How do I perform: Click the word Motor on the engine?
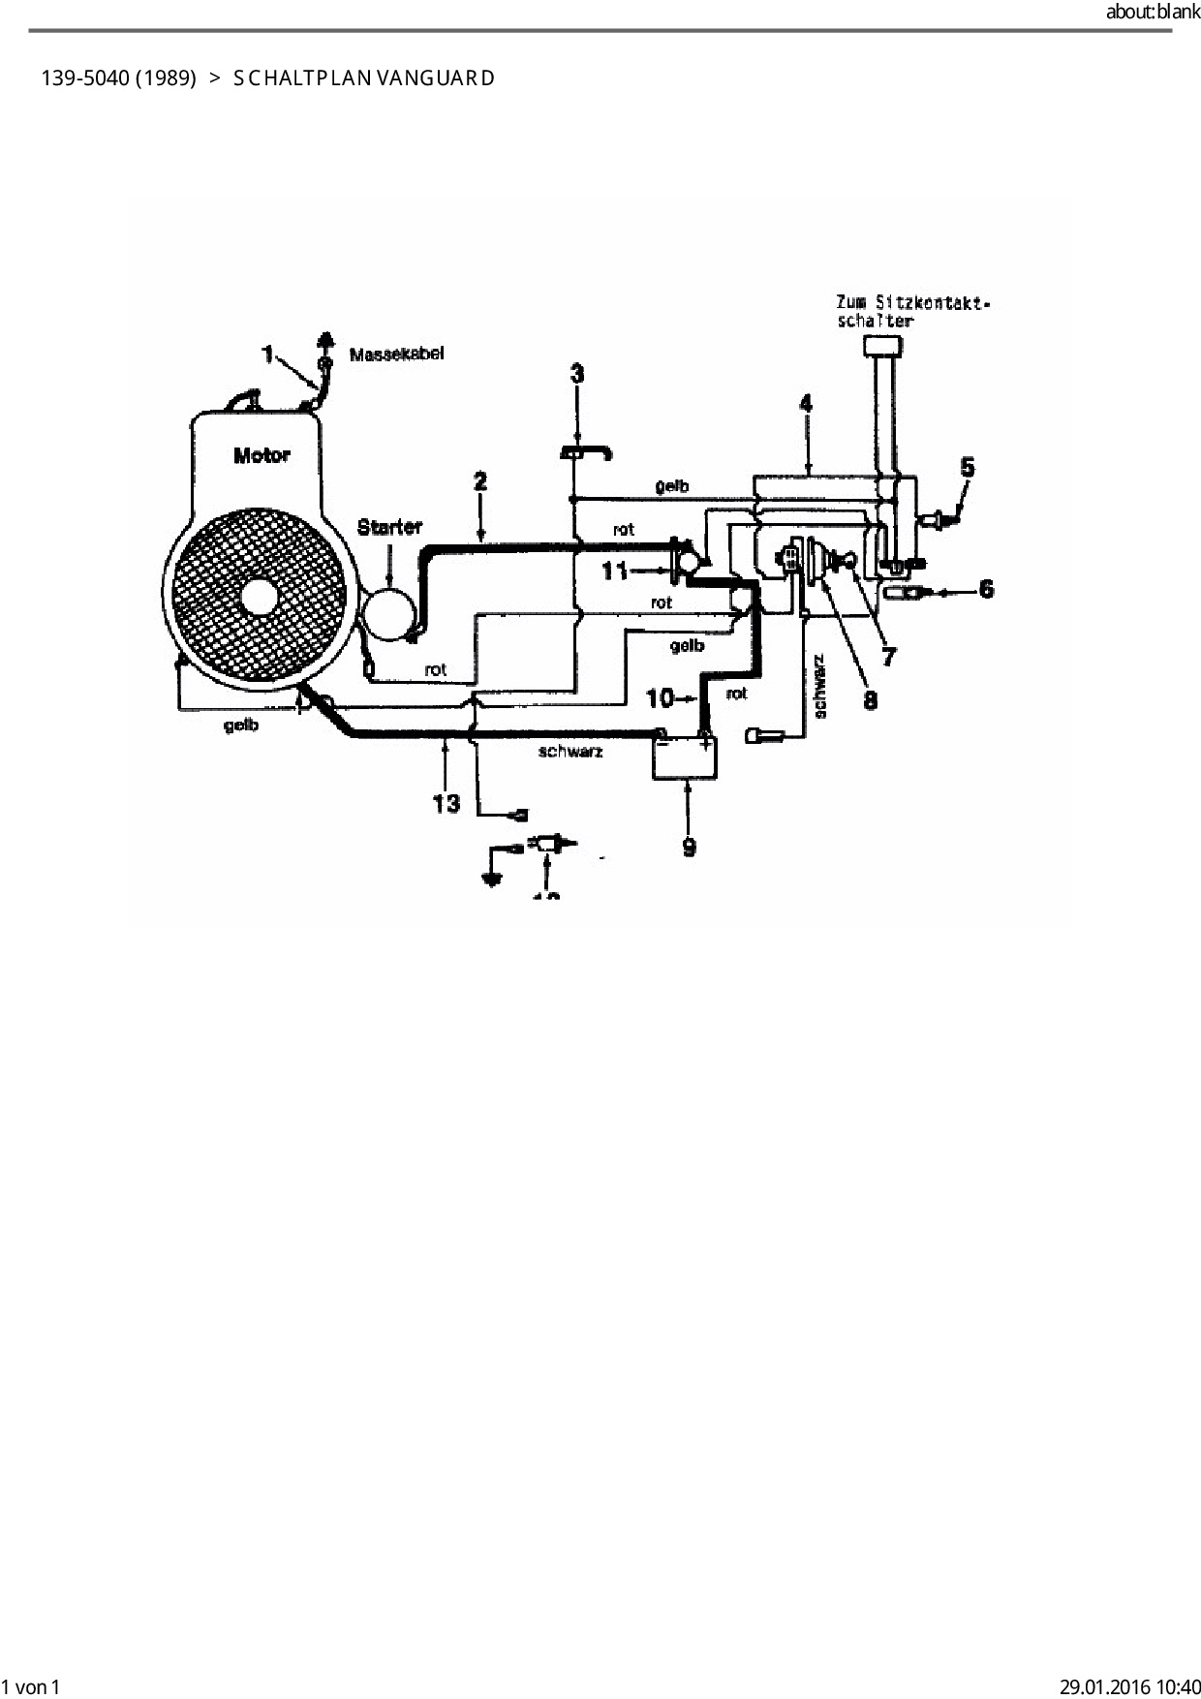coord(262,454)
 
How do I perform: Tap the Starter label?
coord(389,528)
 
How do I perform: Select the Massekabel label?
coord(396,355)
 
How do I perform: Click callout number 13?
coord(446,803)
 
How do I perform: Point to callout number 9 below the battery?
coord(689,848)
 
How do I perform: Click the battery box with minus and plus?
coord(685,757)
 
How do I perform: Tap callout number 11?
coord(615,571)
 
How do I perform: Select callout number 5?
coord(967,468)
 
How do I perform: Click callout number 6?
coord(986,588)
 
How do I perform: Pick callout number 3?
coord(577,374)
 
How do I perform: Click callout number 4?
coord(806,403)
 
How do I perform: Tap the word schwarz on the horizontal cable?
coord(570,752)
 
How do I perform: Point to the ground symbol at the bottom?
coord(491,880)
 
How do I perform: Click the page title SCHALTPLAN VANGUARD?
coord(364,78)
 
